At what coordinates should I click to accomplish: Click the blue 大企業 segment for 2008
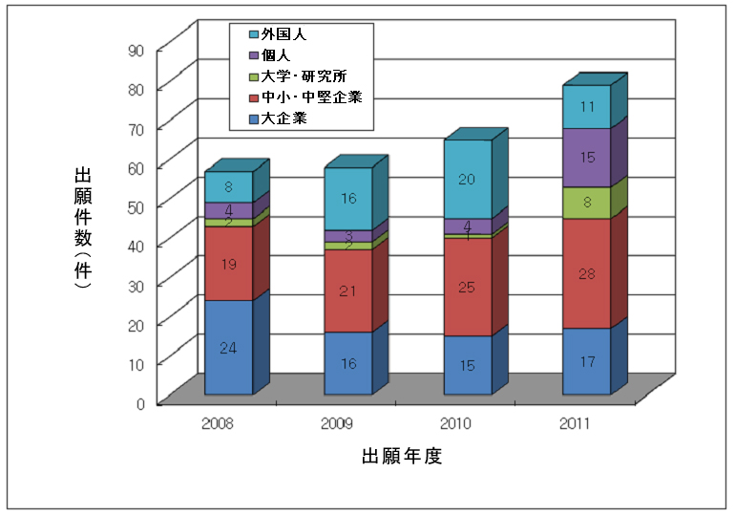click(229, 347)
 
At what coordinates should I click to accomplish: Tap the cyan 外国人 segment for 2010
click(468, 180)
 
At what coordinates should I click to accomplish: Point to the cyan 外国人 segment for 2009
click(348, 199)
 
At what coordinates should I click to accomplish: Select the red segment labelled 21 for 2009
click(348, 290)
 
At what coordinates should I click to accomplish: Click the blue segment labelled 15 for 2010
click(468, 365)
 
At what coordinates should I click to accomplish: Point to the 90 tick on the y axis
click(139, 49)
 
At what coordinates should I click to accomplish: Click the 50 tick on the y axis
click(139, 205)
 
